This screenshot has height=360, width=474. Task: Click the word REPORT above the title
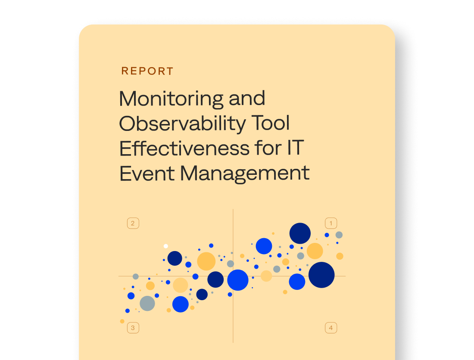(x=147, y=71)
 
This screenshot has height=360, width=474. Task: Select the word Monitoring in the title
(x=171, y=99)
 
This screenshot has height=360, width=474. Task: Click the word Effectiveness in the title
(x=184, y=148)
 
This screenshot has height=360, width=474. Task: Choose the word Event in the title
(x=147, y=174)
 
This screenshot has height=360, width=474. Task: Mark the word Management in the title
(x=245, y=174)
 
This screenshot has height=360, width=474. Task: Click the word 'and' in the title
(x=247, y=98)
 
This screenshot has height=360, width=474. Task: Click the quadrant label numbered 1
(x=331, y=223)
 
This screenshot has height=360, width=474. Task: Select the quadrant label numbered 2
(x=133, y=223)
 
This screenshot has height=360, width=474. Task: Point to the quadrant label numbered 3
(x=133, y=328)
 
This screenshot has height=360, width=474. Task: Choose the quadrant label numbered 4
(x=331, y=328)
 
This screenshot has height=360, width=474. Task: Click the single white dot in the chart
(x=165, y=246)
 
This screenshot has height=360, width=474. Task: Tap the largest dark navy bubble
(x=321, y=275)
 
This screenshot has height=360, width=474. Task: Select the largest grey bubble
(x=147, y=303)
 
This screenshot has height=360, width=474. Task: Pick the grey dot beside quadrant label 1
(x=339, y=235)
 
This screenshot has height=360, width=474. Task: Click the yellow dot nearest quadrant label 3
(x=122, y=321)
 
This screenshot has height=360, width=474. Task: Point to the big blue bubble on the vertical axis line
(x=238, y=280)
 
